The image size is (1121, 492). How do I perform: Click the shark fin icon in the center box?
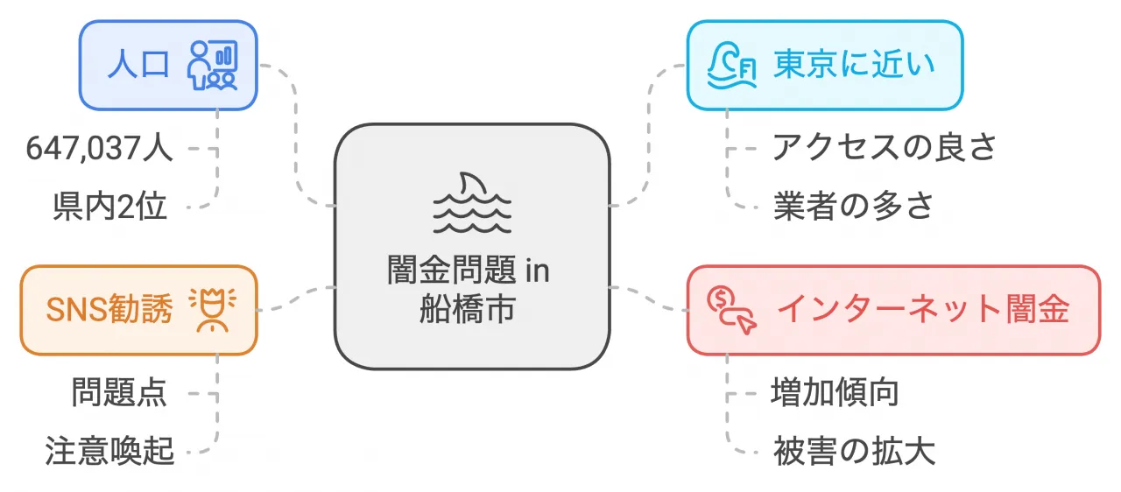click(x=472, y=203)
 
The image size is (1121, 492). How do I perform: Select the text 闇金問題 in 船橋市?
click(x=469, y=290)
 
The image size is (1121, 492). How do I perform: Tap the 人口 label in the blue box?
click(x=138, y=65)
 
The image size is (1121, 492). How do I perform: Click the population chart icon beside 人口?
click(x=212, y=66)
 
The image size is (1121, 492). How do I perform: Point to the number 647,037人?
click(x=99, y=149)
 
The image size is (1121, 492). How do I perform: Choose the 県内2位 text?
click(x=109, y=207)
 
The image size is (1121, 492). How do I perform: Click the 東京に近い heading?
click(x=854, y=65)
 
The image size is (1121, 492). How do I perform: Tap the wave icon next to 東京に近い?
click(x=731, y=66)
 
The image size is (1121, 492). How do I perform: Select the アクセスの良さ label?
click(x=885, y=148)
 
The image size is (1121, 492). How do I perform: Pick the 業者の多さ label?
click(x=853, y=206)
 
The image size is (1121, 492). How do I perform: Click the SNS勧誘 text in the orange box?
click(x=109, y=310)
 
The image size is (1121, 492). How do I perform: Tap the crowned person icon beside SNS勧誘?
click(x=213, y=310)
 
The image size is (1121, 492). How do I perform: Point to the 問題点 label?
click(x=119, y=393)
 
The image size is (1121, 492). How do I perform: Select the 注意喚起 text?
click(x=109, y=451)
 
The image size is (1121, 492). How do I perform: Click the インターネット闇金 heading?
click(x=923, y=310)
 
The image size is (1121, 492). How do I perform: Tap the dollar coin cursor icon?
click(x=731, y=310)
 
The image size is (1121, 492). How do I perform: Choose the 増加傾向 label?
click(x=835, y=393)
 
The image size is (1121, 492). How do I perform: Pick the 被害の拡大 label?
click(x=854, y=451)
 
